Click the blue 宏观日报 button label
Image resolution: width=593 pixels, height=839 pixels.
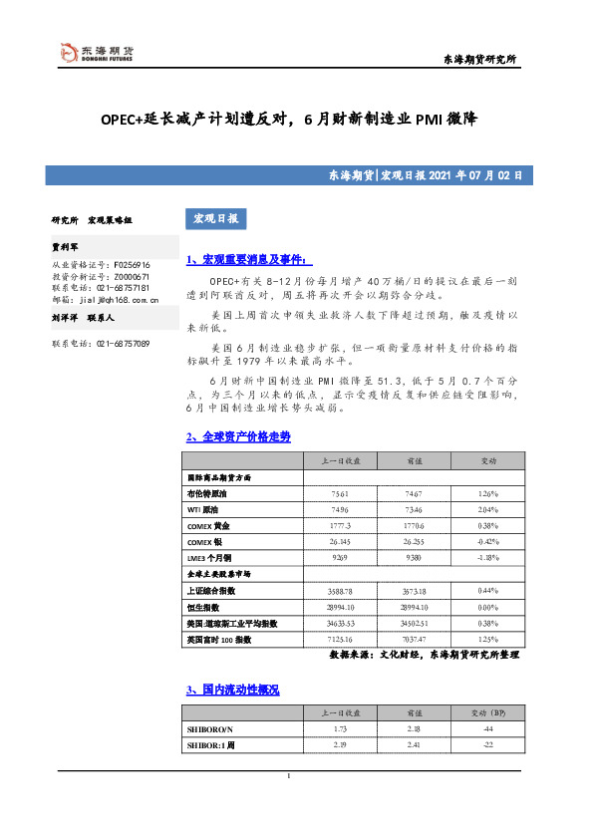(214, 218)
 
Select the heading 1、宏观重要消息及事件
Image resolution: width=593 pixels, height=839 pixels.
(243, 260)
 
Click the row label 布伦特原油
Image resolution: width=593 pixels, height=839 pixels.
(207, 493)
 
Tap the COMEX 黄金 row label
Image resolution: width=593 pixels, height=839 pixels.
(208, 525)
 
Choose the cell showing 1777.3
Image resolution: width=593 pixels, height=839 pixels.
(340, 525)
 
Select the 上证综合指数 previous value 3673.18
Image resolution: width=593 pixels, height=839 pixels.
(414, 591)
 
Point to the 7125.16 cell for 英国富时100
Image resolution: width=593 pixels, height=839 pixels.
(340, 639)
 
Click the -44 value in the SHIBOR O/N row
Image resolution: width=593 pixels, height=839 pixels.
(487, 730)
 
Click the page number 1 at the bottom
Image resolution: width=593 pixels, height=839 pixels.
(287, 777)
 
